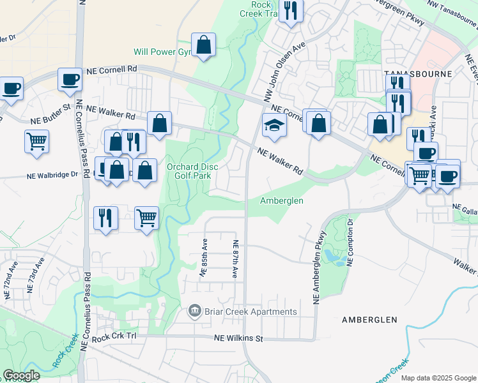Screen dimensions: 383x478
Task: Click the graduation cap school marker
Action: click(x=274, y=126)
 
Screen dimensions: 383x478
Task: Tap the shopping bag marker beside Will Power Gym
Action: click(x=203, y=45)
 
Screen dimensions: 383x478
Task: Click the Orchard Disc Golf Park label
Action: click(x=192, y=171)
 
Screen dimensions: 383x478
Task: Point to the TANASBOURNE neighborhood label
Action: click(x=419, y=74)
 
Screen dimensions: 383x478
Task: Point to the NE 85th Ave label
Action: click(x=204, y=258)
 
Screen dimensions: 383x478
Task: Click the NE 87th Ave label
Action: click(x=235, y=258)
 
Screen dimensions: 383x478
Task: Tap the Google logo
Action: click(x=21, y=375)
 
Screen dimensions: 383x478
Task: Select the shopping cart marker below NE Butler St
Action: click(x=37, y=140)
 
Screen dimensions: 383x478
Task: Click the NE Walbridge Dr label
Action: click(x=53, y=175)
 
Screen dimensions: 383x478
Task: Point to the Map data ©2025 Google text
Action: click(x=438, y=378)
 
